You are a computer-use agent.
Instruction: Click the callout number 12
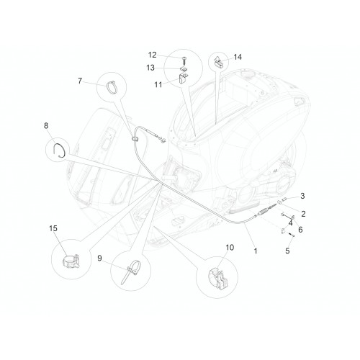click(152, 55)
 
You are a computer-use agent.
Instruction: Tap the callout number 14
click(238, 57)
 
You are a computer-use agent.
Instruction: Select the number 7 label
click(80, 81)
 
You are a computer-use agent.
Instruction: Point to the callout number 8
click(46, 125)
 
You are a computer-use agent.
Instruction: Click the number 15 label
click(53, 228)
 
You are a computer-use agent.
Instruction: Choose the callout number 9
click(99, 258)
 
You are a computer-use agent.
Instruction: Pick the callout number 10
click(230, 247)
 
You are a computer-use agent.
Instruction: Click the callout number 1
click(256, 251)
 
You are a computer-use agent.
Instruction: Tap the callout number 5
click(287, 251)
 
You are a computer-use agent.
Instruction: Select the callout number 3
click(302, 196)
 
